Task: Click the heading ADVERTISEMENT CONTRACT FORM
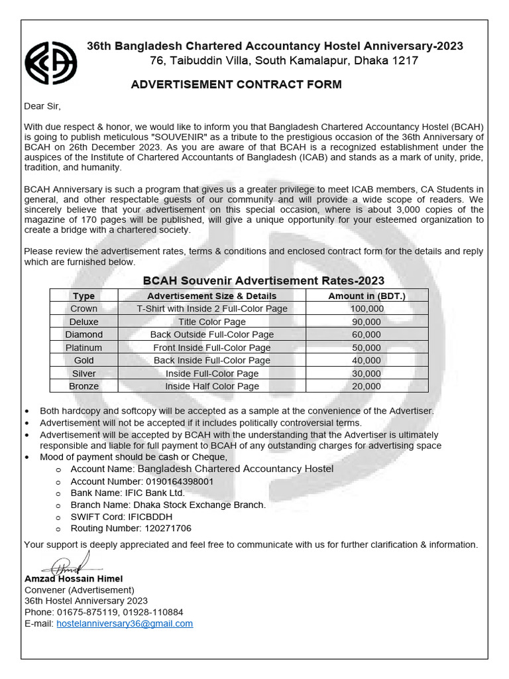coord(236,84)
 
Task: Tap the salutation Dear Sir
coord(42,106)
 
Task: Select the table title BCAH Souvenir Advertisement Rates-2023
coord(264,280)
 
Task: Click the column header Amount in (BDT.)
coord(367,296)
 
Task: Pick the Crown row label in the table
coord(84,308)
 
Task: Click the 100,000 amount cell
coord(367,308)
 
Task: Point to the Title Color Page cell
coord(211,322)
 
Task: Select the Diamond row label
coord(84,334)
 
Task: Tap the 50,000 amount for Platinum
coord(367,347)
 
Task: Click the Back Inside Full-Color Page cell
coord(211,360)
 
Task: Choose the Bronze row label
coord(84,386)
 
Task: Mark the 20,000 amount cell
coord(367,386)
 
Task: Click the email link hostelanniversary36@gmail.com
coord(125,623)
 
